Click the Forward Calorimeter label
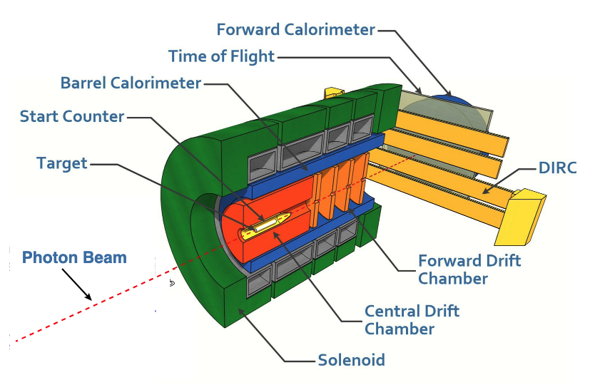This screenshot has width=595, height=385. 296,29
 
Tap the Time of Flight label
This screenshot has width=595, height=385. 221,56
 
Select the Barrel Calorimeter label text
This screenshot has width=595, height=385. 131,83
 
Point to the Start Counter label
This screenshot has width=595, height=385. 72,115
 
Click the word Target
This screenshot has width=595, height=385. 62,163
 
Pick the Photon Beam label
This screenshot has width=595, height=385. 74,257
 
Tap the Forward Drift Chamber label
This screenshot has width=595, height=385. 469,269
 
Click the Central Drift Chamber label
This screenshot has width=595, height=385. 412,319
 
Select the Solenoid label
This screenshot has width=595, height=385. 351,359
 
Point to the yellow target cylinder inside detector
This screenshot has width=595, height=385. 265,223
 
